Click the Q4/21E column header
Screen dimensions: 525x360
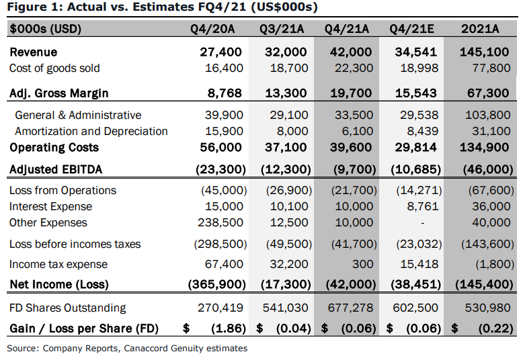(411, 29)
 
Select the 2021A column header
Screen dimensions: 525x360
(480, 29)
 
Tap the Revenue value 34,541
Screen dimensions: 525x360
(416, 52)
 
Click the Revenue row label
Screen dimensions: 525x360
(34, 52)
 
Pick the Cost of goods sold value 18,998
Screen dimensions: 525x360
(419, 69)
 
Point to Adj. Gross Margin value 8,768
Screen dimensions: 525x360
(225, 93)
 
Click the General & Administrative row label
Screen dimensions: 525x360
(78, 115)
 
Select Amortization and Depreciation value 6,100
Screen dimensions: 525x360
(357, 131)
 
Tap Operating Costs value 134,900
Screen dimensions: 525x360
(484, 147)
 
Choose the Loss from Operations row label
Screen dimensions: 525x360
(63, 190)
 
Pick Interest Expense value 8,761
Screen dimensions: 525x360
(423, 206)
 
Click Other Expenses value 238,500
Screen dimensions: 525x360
(220, 222)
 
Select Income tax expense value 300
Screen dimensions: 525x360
(362, 265)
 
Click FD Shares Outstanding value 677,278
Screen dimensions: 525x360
(350, 308)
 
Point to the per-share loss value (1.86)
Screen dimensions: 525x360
(229, 328)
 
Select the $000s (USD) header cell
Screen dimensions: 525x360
(46, 29)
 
